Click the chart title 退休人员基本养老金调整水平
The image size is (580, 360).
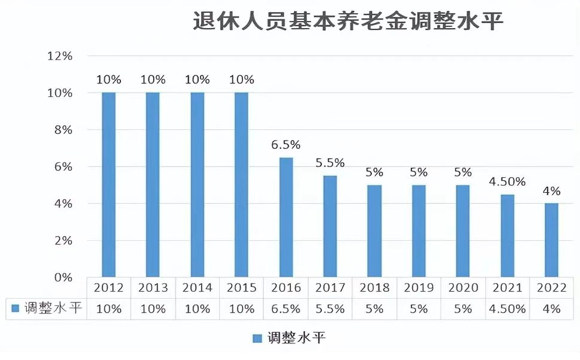[348, 21]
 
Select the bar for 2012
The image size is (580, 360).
[109, 185]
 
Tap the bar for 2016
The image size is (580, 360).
[285, 217]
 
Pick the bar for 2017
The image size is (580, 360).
[330, 226]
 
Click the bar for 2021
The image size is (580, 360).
[507, 235]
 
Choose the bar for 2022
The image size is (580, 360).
[551, 240]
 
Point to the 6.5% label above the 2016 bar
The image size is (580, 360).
[285, 145]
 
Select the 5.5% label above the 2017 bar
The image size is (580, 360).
[330, 163]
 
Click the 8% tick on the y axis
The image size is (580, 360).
[63, 130]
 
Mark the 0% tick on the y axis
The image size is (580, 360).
[63, 277]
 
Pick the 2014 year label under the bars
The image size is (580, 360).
[197, 288]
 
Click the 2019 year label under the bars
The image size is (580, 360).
[418, 288]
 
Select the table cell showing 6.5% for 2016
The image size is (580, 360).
[285, 308]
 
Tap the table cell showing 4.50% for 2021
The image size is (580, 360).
[507, 308]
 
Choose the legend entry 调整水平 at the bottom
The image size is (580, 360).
[289, 337]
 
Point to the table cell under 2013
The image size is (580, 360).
[153, 308]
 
